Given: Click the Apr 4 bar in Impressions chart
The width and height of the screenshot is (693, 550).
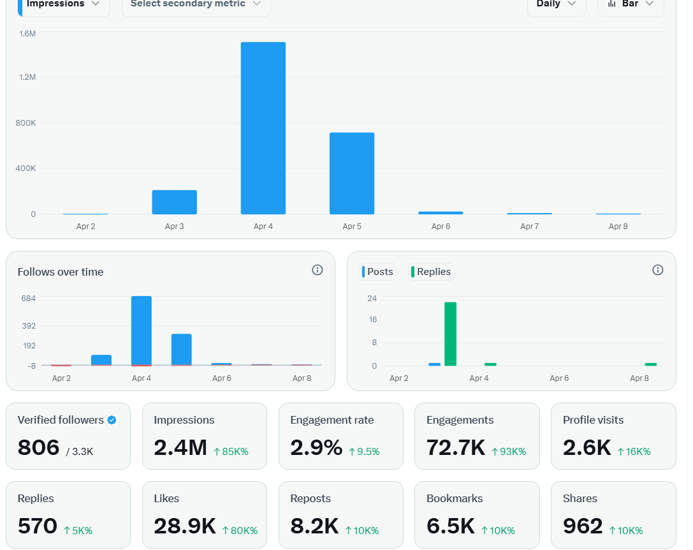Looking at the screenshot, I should [x=263, y=128].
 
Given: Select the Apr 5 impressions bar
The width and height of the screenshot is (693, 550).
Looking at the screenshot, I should [x=352, y=174].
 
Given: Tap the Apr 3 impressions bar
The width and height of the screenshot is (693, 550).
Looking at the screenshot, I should [x=174, y=202].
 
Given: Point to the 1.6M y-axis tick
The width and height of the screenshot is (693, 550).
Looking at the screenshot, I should [x=27, y=33].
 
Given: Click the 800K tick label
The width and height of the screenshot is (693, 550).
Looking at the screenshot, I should [x=26, y=123].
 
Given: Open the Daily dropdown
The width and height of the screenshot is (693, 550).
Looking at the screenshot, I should [x=556, y=4].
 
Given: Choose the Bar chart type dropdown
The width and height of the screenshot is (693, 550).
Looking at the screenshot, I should [x=630, y=4].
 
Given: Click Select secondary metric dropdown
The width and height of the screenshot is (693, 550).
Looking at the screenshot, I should [x=196, y=4].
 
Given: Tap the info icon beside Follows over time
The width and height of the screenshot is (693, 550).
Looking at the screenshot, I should [x=317, y=270].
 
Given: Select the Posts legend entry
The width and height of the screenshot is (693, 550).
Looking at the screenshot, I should [x=379, y=272].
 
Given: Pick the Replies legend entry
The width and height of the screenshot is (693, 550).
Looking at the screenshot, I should [x=432, y=272].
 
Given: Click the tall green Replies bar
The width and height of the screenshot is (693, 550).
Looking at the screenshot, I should [x=450, y=334].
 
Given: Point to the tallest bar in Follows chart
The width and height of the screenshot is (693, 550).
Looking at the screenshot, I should [x=142, y=331].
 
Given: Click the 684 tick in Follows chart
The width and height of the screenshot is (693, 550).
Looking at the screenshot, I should [x=29, y=298].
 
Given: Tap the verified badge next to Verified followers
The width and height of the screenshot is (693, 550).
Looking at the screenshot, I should [x=112, y=420].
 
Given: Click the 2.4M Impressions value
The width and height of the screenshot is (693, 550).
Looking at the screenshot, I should [x=180, y=448].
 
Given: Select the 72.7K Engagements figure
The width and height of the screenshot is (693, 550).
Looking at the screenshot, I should [x=456, y=448].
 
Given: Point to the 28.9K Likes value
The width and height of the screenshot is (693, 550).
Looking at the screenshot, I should [x=185, y=526].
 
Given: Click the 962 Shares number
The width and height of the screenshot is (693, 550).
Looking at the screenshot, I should [x=583, y=526].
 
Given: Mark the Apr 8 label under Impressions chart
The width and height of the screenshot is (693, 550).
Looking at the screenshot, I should [x=618, y=227].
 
